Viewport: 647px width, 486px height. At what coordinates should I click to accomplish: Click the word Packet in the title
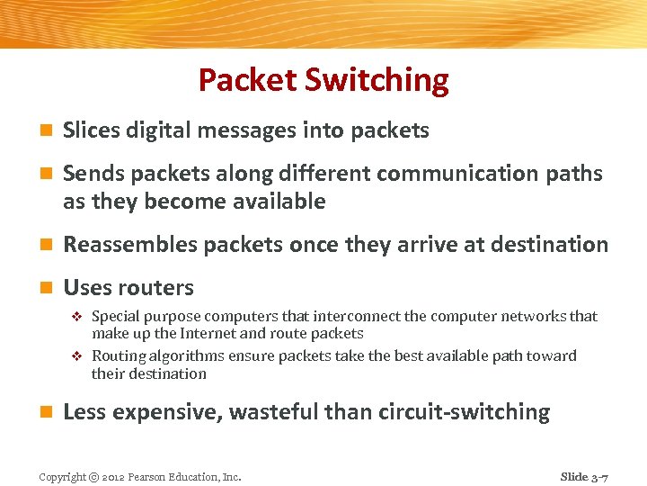tap(248, 80)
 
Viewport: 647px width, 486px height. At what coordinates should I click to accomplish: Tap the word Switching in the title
tap(377, 80)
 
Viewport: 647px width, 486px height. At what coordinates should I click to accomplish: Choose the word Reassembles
tap(130, 245)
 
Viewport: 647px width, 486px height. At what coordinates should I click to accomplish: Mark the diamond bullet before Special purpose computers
tap(76, 317)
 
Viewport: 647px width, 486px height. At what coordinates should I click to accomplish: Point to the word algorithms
tap(190, 355)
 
